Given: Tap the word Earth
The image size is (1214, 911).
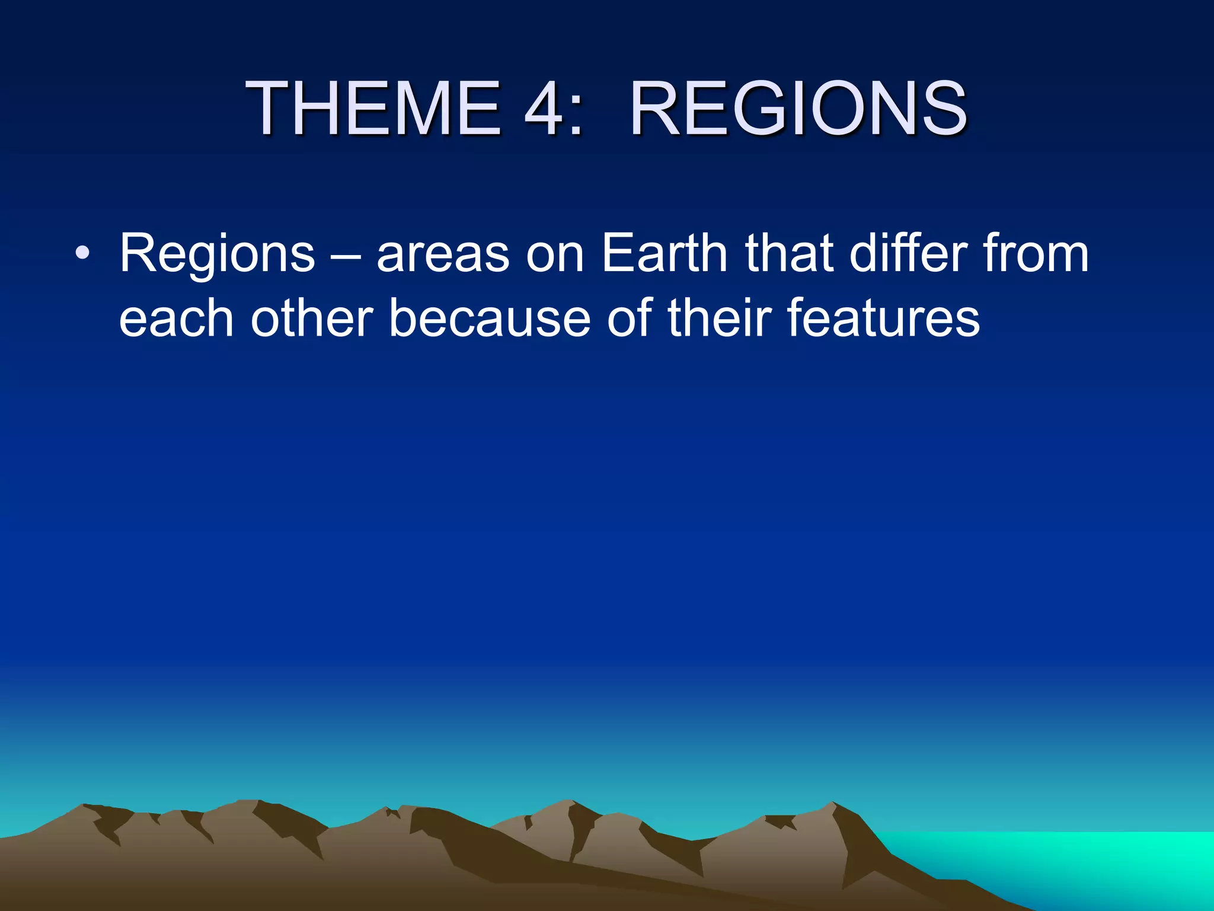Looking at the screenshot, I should click(x=664, y=254).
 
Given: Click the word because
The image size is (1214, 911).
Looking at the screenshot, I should click(x=490, y=319).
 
